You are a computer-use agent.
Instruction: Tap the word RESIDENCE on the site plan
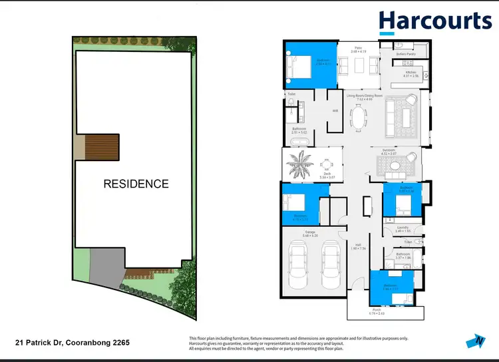pyautogui.click(x=136, y=184)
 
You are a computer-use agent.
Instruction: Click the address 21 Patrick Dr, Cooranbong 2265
pyautogui.click(x=72, y=343)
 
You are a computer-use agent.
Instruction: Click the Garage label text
pyautogui.click(x=310, y=232)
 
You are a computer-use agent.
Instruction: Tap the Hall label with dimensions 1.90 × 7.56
pyautogui.click(x=358, y=245)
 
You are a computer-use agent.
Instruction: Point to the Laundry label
pyautogui.click(x=403, y=228)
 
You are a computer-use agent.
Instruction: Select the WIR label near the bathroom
pyautogui.click(x=335, y=110)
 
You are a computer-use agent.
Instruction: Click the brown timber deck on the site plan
pyautogui.click(x=104, y=147)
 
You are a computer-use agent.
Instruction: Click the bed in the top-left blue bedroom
pyautogui.click(x=298, y=67)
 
